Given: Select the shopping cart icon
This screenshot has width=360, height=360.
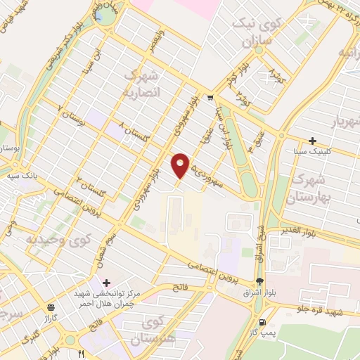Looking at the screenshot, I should pyautogui.click(x=210, y=98).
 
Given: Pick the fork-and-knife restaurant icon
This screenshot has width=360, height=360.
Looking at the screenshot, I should pyautogui.click(x=82, y=353).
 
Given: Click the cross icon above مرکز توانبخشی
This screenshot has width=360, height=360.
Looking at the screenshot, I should pyautogui.click(x=105, y=283).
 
